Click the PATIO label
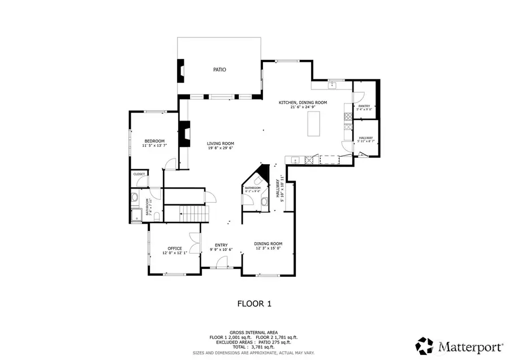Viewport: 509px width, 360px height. (219, 70)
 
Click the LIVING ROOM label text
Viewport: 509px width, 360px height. (220, 143)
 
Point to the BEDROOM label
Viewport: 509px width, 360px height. (154, 141)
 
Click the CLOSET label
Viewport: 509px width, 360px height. (139, 174)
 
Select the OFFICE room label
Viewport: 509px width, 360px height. (174, 248)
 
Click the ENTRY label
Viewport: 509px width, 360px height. (221, 245)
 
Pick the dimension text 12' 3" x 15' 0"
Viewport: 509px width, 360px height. (269, 248)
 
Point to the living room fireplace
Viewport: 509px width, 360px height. (184, 135)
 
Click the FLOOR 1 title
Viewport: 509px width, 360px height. (254, 303)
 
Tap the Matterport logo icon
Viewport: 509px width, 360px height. (425, 344)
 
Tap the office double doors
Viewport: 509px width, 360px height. (195, 243)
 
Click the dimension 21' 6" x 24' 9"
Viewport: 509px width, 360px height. (303, 107)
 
